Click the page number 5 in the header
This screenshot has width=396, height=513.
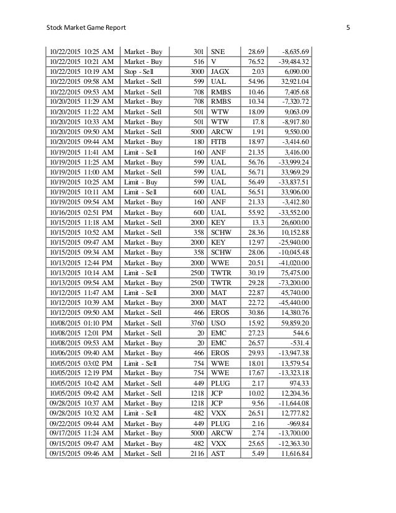click(348, 27)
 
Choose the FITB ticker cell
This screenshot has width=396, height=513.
click(220, 142)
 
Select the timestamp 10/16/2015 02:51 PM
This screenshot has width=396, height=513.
click(81, 212)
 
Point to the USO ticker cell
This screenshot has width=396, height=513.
click(219, 322)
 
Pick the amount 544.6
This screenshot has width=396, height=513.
click(300, 332)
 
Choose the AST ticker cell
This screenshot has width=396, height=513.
click(218, 453)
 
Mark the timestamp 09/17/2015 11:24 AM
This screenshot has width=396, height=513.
click(81, 433)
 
